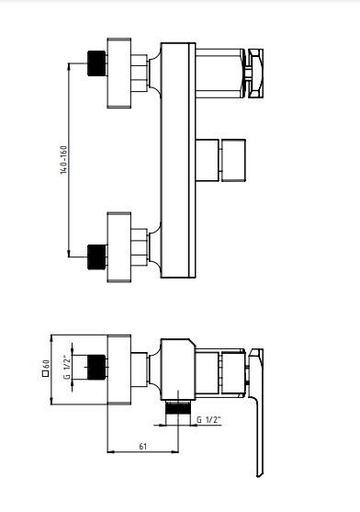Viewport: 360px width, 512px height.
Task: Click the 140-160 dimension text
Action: pyautogui.click(x=64, y=160)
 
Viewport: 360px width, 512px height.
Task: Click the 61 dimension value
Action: pyautogui.click(x=143, y=446)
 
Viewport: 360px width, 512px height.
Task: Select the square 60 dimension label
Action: pyautogui.click(x=46, y=368)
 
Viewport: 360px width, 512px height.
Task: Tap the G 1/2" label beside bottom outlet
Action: pyautogui.click(x=209, y=419)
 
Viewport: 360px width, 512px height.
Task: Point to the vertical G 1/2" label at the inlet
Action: pyautogui.click(x=67, y=367)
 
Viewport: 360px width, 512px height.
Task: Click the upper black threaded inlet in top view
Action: pyautogui.click(x=96, y=63)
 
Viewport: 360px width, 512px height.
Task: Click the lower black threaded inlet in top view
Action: pyautogui.click(x=96, y=257)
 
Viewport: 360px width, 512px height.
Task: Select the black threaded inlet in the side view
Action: pyautogui.click(x=96, y=367)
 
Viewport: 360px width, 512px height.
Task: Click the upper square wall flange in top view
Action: pyautogui.click(x=119, y=73)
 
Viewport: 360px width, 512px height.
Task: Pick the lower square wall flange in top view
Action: pyautogui.click(x=119, y=247)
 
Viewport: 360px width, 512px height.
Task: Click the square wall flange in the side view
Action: pyautogui.click(x=119, y=370)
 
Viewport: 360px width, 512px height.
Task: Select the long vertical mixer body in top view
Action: pyautogui.click(x=178, y=160)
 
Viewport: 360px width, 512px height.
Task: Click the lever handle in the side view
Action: pyautogui.click(x=256, y=413)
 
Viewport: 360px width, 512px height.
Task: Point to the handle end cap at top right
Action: pyautogui.click(x=255, y=74)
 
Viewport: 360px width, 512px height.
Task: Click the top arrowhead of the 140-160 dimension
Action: pyautogui.click(x=69, y=66)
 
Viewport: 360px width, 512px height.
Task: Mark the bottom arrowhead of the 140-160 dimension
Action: pyautogui.click(x=69, y=254)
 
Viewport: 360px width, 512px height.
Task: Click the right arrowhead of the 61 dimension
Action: pyautogui.click(x=175, y=452)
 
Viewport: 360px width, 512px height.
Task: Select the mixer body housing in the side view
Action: pyautogui.click(x=178, y=370)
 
